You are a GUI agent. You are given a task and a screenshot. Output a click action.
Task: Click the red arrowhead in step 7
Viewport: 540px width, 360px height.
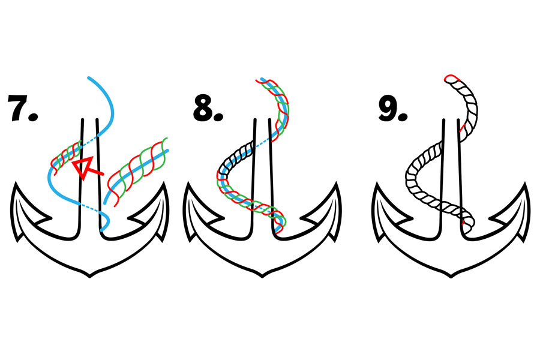click(83, 166)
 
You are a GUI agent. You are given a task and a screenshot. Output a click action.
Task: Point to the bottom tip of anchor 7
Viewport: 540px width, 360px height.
click(90, 276)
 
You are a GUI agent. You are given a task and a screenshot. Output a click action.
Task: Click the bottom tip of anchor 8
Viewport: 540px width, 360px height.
click(262, 276)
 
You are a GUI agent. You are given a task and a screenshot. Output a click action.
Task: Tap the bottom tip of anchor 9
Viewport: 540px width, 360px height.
click(451, 276)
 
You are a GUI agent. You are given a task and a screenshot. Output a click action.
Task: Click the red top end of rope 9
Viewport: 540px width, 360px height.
click(449, 77)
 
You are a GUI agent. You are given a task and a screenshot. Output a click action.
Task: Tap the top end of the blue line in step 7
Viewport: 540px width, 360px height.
click(89, 78)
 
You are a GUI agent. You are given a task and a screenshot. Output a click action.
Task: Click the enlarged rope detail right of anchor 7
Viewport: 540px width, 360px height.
click(138, 170)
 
